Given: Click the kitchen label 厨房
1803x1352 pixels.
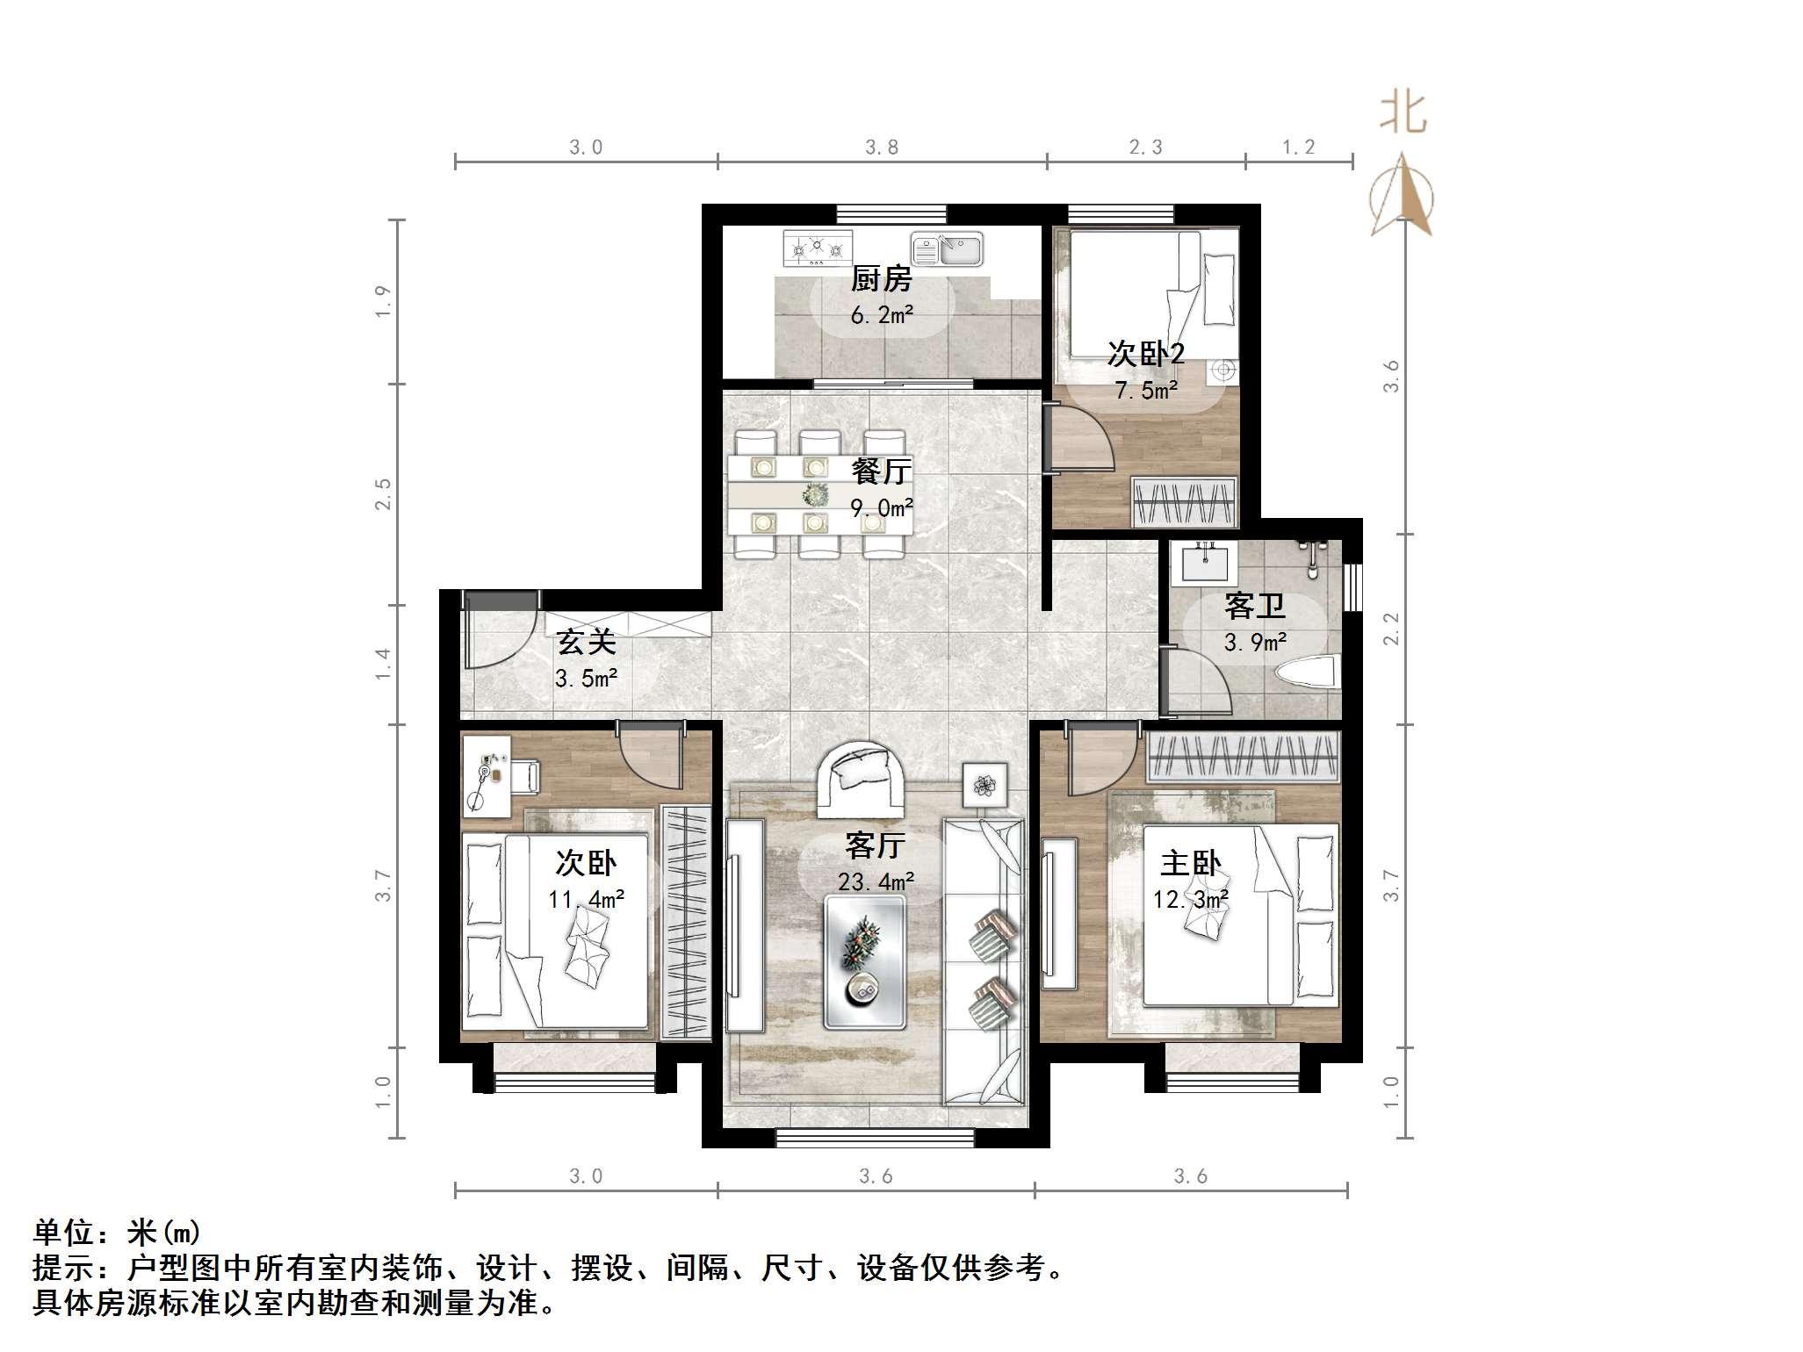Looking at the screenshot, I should pos(881,279).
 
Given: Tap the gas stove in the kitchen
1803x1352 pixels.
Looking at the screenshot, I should pos(817,248).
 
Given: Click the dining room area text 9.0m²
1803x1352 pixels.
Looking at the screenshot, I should pos(881,507).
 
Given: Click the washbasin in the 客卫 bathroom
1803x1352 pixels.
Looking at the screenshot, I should pos(1205,562).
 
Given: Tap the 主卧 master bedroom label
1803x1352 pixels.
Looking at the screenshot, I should pos(1190,863).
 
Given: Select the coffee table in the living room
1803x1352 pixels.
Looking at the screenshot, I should pos(864,961).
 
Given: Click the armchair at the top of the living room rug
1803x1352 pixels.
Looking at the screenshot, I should pos(861,777).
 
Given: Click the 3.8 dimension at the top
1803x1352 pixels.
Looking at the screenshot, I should pos(881,147).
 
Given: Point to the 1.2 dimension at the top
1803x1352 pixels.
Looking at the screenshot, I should pos(1298,147).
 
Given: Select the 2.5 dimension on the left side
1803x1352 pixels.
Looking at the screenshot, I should pos(383,494).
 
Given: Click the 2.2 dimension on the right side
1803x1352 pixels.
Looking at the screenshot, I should pos(1391,629).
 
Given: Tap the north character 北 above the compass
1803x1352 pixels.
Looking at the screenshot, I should pos(1403,114).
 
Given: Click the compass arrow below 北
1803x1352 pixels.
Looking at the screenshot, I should pos(1403,195).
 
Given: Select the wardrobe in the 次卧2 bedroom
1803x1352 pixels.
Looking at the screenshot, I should pos(1183,502).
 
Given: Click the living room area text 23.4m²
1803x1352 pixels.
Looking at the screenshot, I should pos(876,881).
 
